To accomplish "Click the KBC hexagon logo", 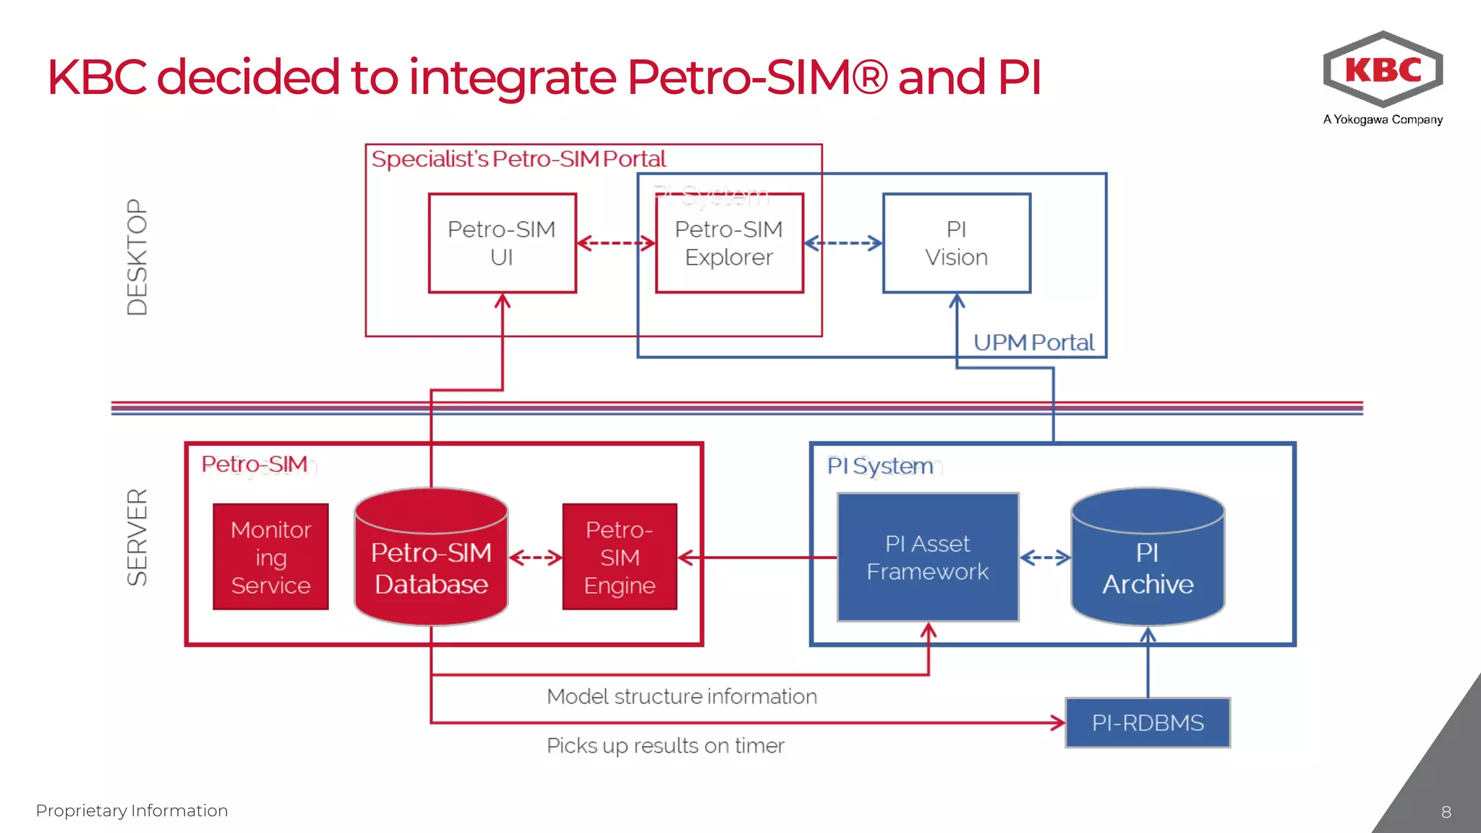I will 1383,69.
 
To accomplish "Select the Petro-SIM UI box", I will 502,243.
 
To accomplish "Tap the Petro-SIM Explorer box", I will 729,243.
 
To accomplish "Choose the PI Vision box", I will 956,243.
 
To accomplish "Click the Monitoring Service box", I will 270,557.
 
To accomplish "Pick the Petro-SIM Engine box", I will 620,557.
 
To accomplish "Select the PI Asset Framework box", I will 928,557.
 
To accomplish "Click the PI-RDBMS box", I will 1148,722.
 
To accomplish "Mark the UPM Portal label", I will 1033,342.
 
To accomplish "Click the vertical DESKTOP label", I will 137,257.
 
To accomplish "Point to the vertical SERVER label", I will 137,537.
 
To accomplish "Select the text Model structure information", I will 682,696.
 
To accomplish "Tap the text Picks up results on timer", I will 665,746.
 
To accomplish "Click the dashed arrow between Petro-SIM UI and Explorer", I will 616,243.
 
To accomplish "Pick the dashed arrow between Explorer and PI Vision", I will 843,243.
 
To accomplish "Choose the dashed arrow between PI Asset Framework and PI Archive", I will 1045,558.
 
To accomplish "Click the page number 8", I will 1446,812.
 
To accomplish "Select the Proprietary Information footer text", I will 132,811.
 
